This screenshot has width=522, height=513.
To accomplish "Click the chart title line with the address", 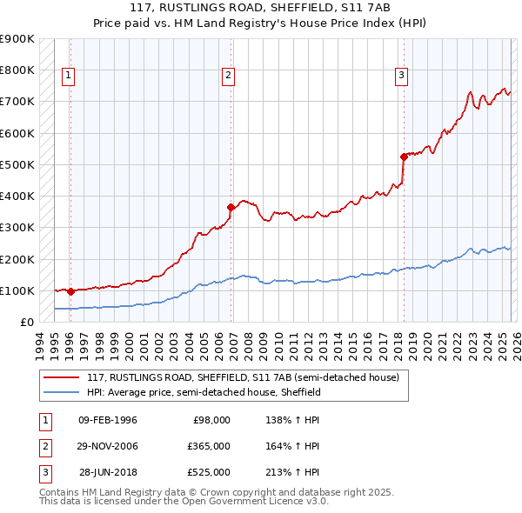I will point(260,9).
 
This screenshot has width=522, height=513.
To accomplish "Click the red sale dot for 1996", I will point(70,292).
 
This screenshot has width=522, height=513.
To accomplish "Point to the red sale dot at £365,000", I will point(231,208).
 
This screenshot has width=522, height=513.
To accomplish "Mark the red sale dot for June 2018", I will point(404,157).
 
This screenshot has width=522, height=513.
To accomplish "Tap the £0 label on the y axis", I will point(26,322).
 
